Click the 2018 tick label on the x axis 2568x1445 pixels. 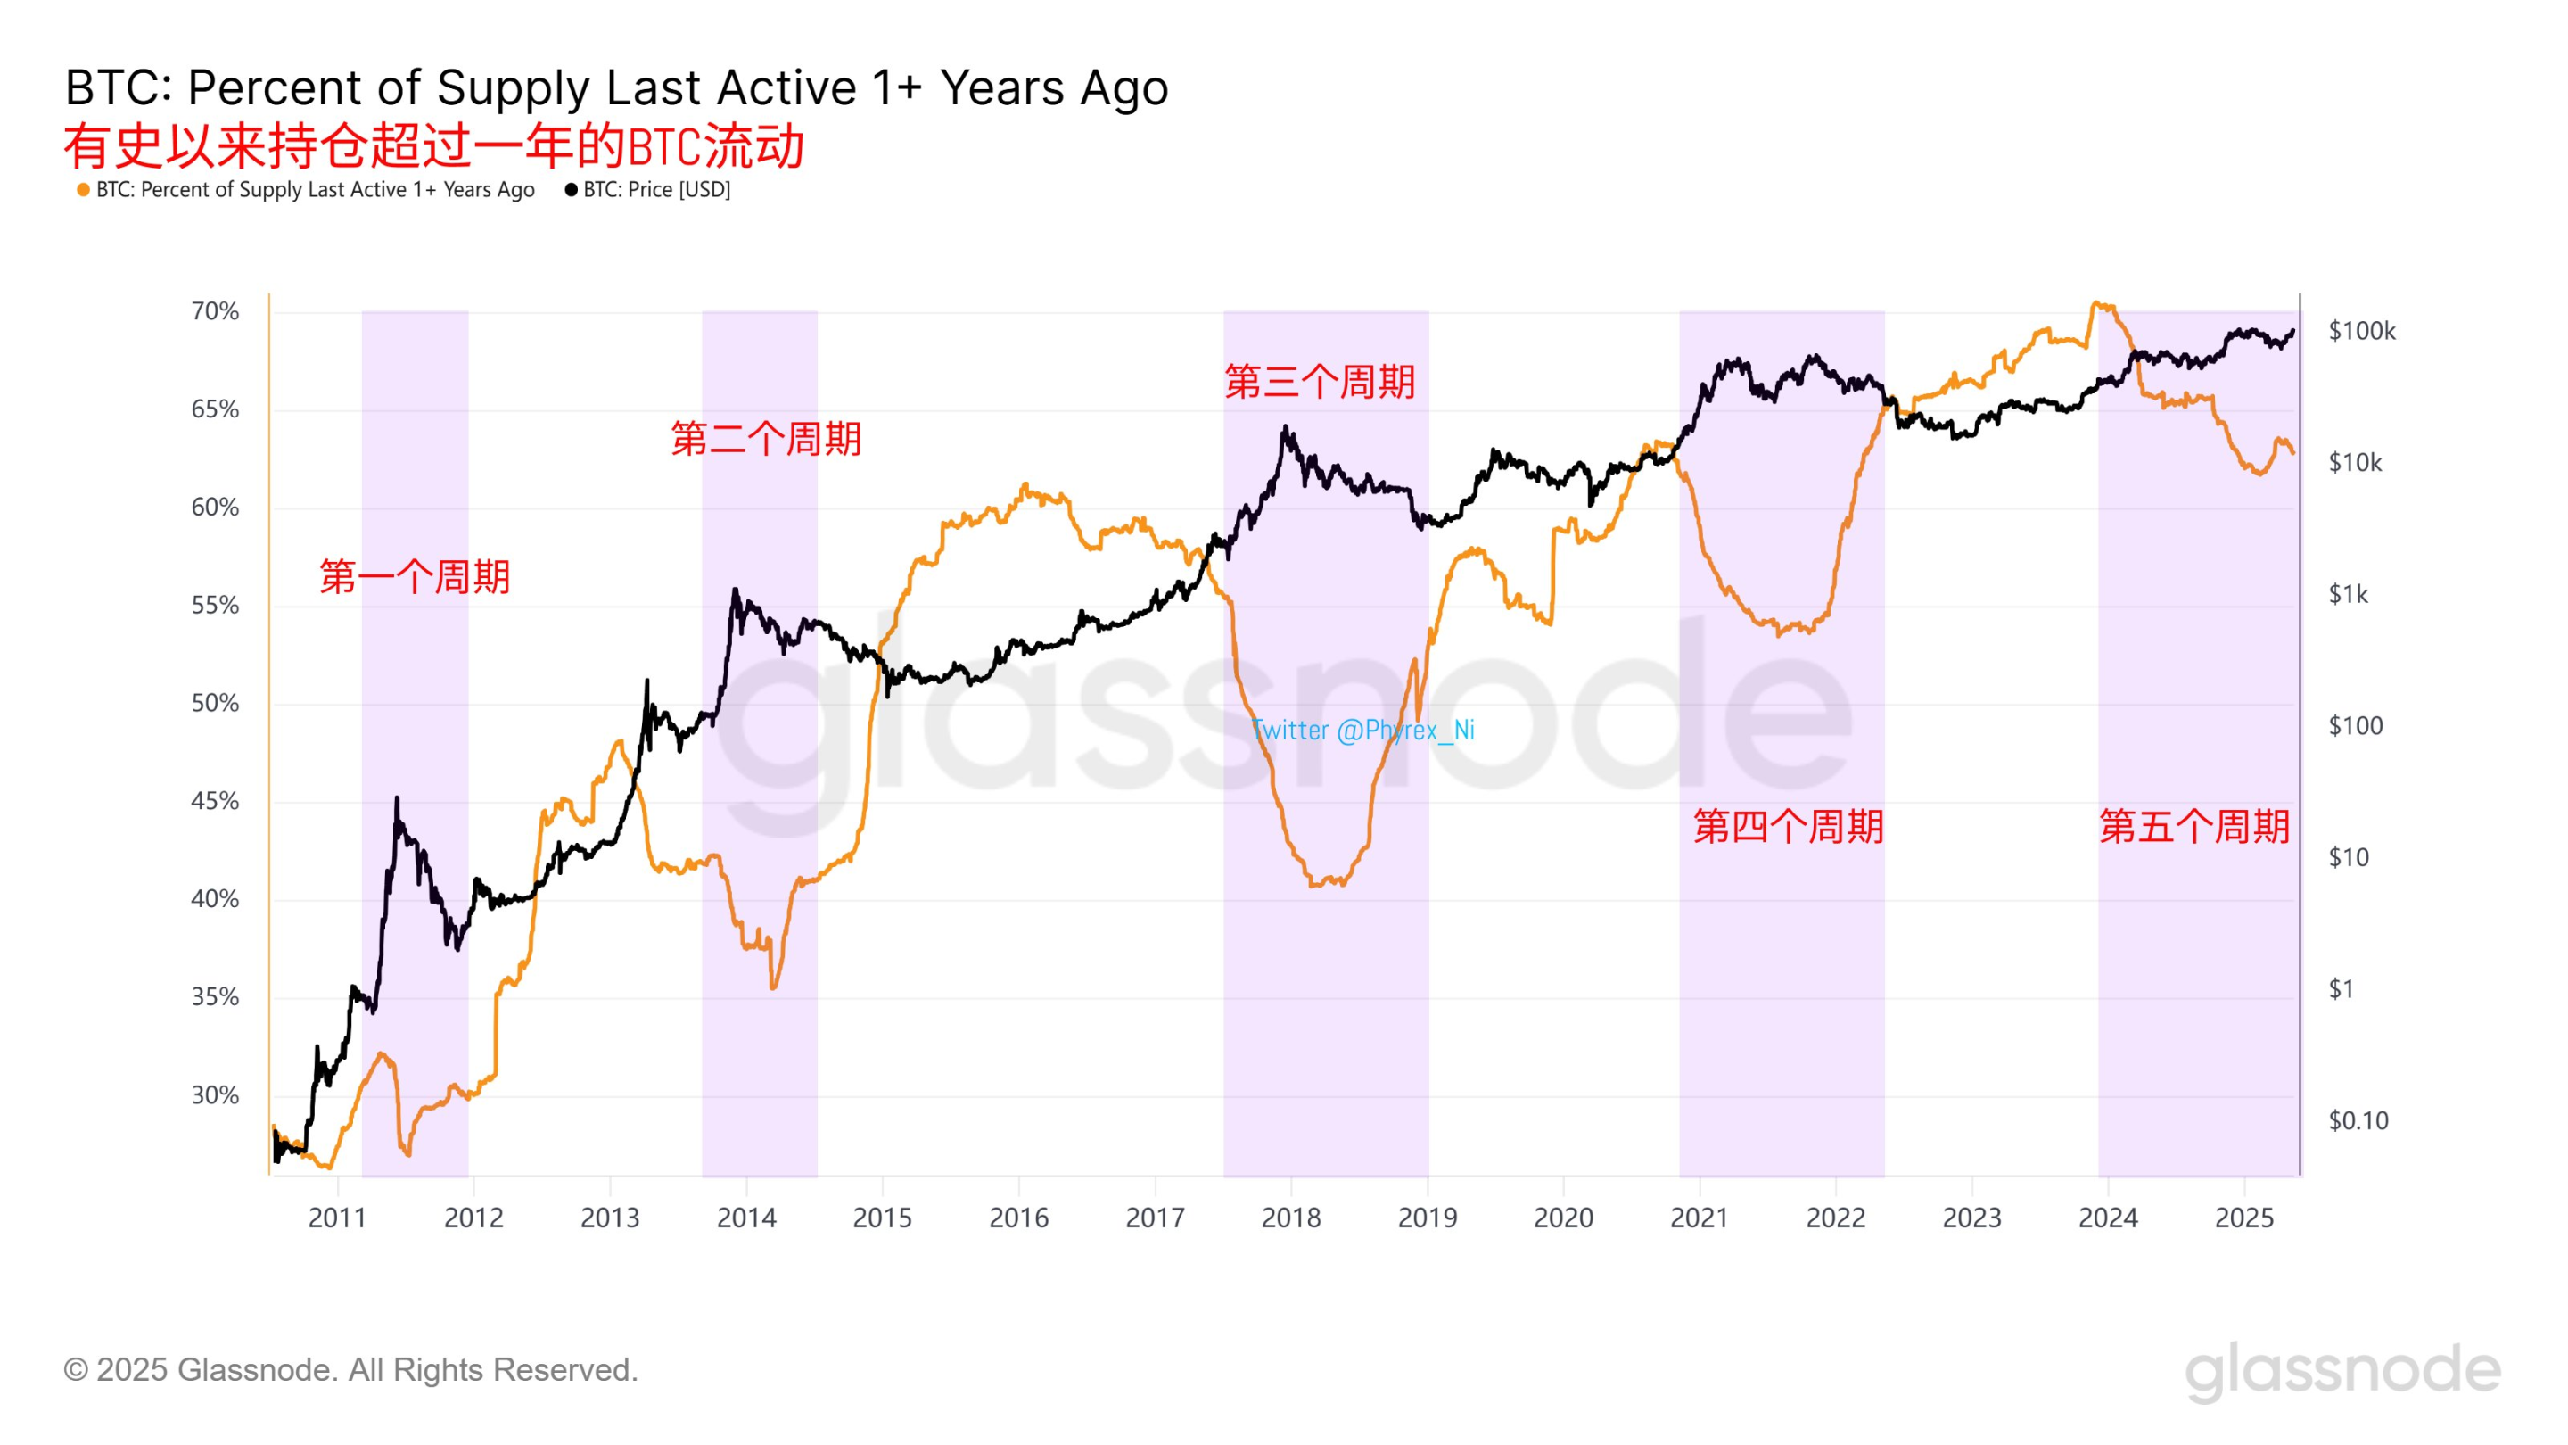(1291, 1218)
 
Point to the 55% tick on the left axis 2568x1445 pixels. (215, 606)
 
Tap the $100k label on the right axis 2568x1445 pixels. (2360, 331)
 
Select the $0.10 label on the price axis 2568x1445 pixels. (2358, 1121)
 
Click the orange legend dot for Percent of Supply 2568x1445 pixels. (84, 189)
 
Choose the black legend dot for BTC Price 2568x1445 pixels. (572, 189)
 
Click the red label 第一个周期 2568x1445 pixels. (415, 576)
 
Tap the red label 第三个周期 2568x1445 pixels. (1320, 382)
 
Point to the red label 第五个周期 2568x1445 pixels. (2194, 826)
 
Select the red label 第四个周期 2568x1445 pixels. (1789, 826)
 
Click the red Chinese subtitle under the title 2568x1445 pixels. (434, 146)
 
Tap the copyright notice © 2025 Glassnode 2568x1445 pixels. (351, 1369)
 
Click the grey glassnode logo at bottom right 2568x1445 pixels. (2342, 1371)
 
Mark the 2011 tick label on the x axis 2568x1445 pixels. (337, 1218)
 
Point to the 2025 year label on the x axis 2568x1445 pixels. (2244, 1218)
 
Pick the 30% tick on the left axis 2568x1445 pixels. (215, 1095)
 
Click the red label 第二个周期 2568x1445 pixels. (766, 439)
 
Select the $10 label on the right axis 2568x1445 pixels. (2348, 857)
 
